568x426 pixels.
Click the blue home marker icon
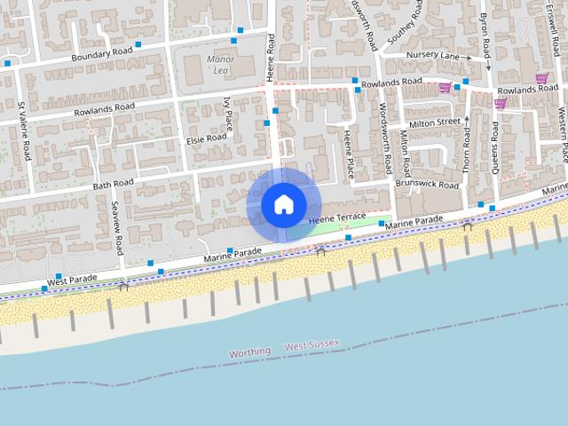(283, 204)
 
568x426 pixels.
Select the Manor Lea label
(219, 64)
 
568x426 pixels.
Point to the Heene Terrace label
(337, 218)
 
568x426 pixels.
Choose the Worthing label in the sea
(249, 352)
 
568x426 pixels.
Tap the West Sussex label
(312, 345)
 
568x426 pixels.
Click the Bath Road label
(113, 184)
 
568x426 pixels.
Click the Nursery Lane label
(433, 55)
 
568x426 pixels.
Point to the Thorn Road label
(465, 155)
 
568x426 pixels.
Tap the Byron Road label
(485, 30)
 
